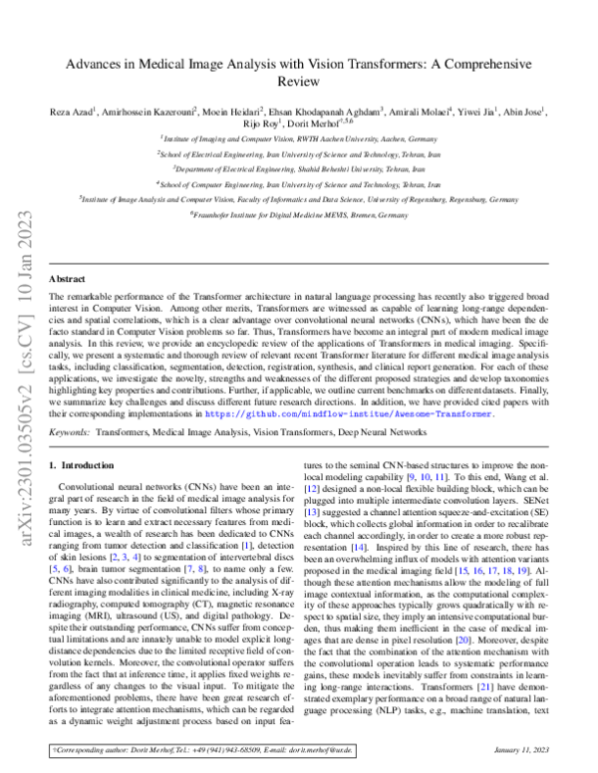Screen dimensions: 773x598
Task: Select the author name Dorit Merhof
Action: point(299,126)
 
